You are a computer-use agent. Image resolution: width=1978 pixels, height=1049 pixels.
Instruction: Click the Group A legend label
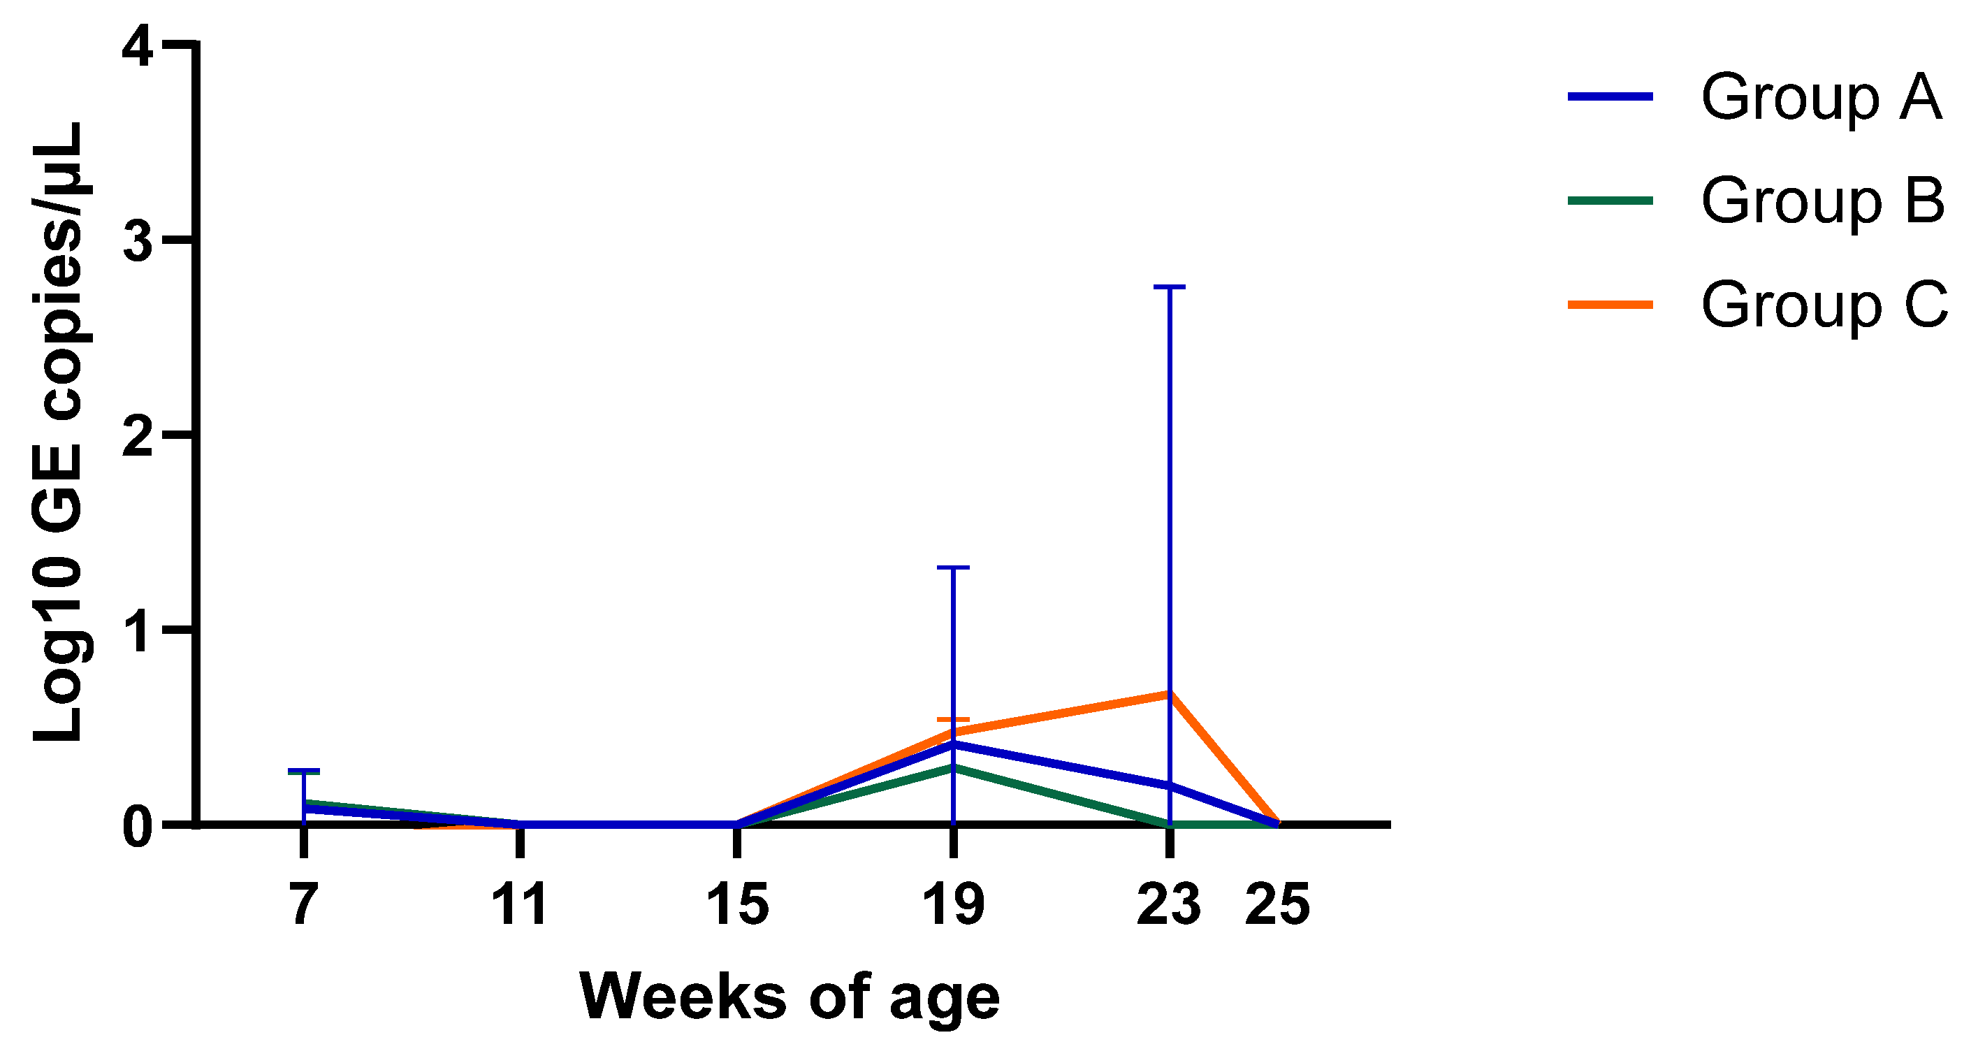pyautogui.click(x=1821, y=98)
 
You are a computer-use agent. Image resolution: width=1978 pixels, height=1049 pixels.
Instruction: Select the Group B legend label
pyautogui.click(x=1823, y=201)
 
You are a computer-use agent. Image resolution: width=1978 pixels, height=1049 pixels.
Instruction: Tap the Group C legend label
pyautogui.click(x=1824, y=305)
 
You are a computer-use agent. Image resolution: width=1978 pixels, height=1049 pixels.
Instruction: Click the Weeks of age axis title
pyautogui.click(x=790, y=997)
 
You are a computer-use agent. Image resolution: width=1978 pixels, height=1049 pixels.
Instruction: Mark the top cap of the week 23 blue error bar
pyautogui.click(x=1170, y=287)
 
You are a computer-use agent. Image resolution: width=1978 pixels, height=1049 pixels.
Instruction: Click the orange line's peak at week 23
pyautogui.click(x=1169, y=693)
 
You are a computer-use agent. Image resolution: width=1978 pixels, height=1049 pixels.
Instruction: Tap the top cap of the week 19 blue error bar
pyautogui.click(x=953, y=567)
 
